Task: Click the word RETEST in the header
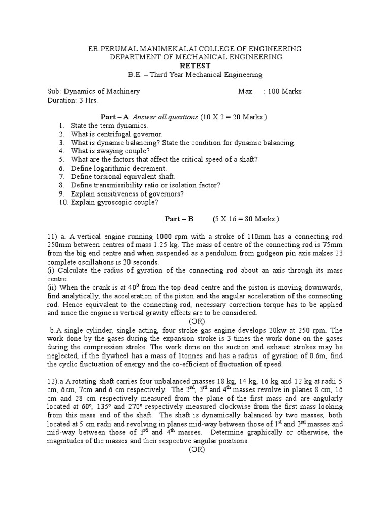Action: pyautogui.click(x=195, y=66)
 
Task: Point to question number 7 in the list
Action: pyautogui.click(x=61, y=176)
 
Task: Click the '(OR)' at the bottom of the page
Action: pyautogui.click(x=197, y=449)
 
